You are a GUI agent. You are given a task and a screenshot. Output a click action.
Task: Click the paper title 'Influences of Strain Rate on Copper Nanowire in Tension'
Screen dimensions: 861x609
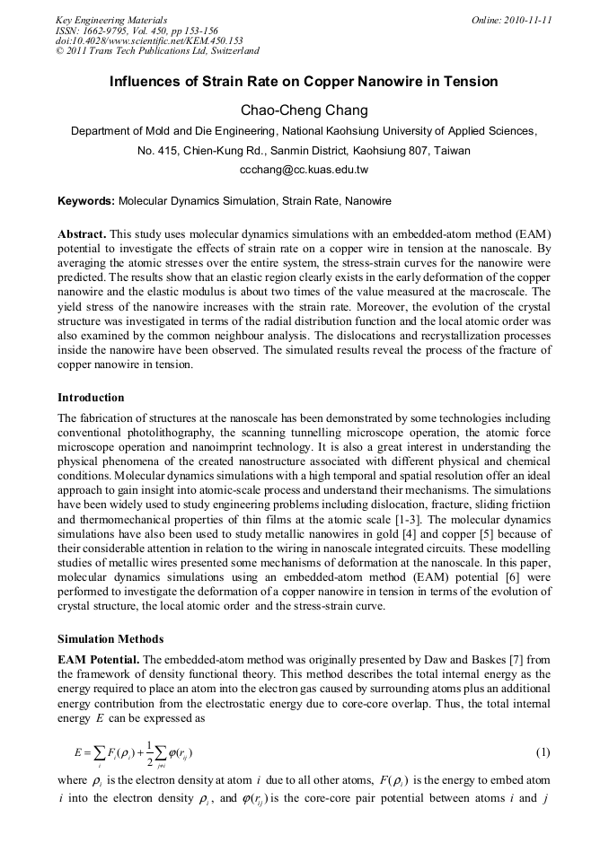304,82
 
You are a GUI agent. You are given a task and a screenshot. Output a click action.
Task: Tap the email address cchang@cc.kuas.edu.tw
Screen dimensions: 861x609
304,169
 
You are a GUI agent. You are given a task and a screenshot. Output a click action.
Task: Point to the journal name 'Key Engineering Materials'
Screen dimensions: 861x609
111,20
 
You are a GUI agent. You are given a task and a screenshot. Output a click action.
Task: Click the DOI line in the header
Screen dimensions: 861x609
149,40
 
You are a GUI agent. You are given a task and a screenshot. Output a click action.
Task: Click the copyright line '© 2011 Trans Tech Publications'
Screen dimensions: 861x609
157,51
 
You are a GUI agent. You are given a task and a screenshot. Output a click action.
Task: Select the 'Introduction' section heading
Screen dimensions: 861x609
91,397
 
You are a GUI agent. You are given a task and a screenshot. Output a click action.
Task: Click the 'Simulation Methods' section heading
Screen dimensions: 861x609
110,639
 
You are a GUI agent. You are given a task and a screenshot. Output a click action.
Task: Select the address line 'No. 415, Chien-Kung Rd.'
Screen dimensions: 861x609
304,150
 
